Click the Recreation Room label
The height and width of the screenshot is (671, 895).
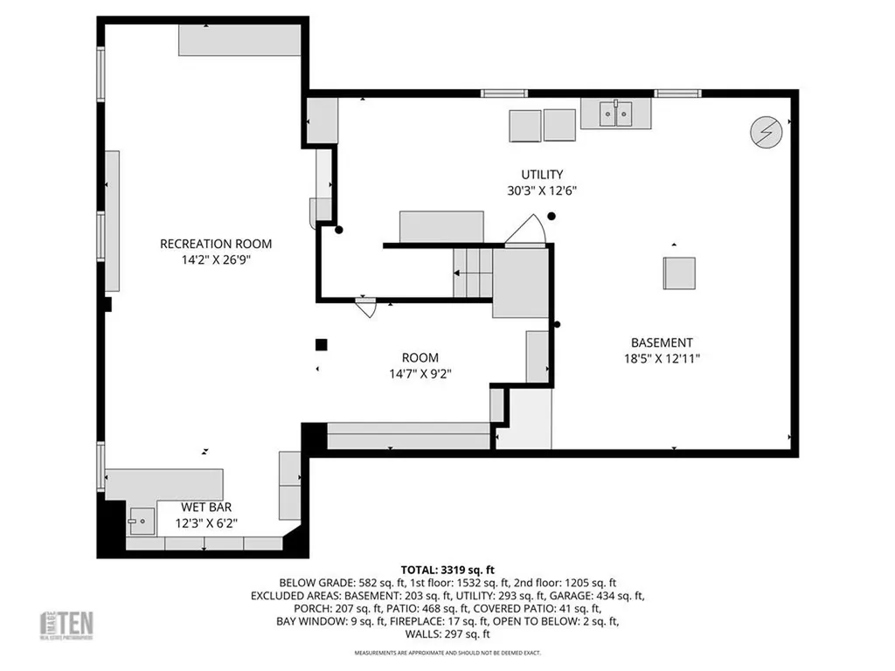(215, 244)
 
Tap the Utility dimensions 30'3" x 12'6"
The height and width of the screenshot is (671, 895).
(542, 190)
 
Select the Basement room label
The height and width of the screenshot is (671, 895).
(662, 342)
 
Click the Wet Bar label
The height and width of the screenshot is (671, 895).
(206, 507)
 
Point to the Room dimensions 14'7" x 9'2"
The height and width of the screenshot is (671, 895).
(420, 373)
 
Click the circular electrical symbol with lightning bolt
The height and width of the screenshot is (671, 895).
(767, 132)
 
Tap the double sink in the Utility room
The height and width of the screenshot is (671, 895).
(616, 114)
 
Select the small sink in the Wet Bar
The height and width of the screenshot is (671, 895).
(140, 522)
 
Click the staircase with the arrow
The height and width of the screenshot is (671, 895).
(473, 273)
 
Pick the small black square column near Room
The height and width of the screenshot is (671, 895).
(322, 344)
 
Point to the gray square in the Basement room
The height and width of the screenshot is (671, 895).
(680, 273)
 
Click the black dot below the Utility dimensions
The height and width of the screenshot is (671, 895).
(552, 216)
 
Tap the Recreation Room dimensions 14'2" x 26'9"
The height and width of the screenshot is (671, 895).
(215, 259)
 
